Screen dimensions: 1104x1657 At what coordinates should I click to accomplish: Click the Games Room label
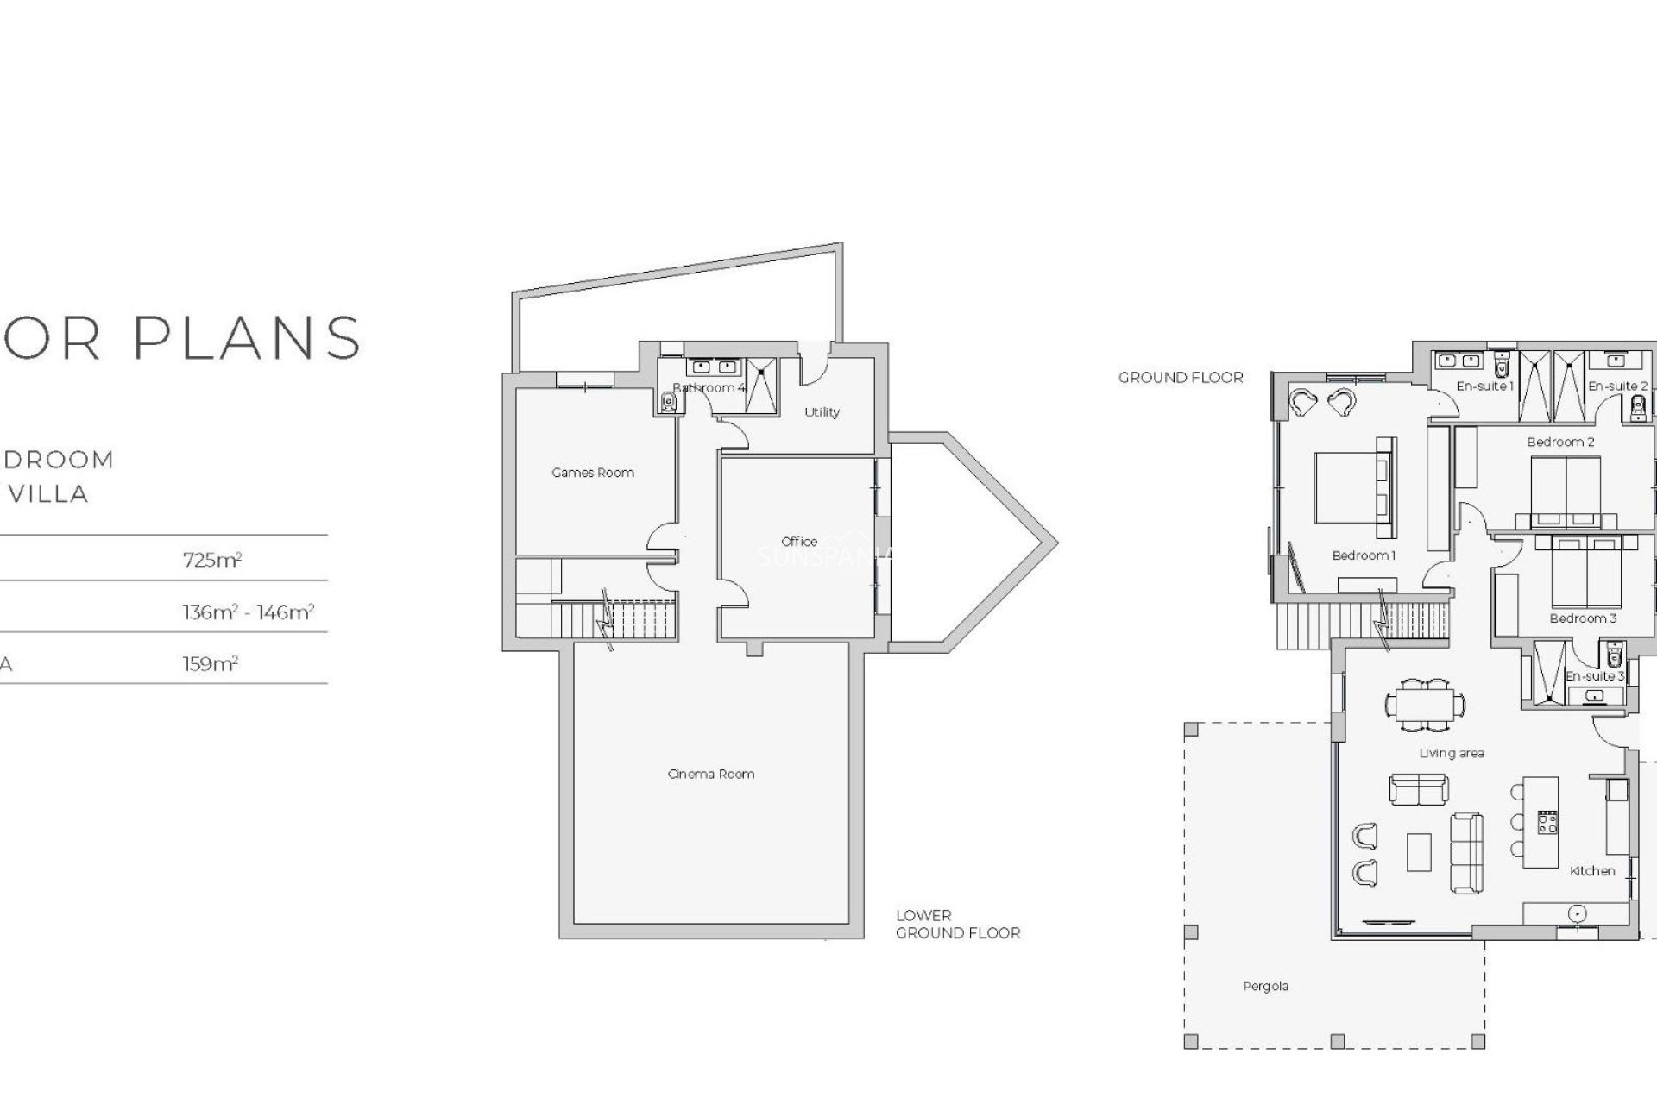[x=593, y=473]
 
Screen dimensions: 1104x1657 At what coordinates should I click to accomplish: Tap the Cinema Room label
[x=711, y=774]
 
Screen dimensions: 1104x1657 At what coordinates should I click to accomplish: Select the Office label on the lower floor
[x=799, y=542]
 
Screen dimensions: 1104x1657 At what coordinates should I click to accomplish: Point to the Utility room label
[x=822, y=412]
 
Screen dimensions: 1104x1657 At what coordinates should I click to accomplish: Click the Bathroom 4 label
[x=709, y=388]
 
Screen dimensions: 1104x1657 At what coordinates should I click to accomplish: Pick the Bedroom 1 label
[x=1364, y=555]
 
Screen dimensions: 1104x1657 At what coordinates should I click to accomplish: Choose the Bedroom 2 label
[x=1560, y=442]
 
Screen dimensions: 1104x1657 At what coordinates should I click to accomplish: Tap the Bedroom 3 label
[x=1583, y=618]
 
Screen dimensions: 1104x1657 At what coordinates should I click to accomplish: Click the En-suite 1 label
[x=1484, y=386]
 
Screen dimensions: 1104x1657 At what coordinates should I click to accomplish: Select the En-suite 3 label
[x=1595, y=676]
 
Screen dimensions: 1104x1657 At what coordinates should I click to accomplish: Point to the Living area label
[x=1452, y=753]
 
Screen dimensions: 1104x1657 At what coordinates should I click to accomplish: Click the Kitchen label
[x=1592, y=871]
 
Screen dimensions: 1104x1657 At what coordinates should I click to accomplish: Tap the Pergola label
[x=1265, y=986]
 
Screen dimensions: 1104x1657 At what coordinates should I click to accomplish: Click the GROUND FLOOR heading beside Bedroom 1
[x=1181, y=378]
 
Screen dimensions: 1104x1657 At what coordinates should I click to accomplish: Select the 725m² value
[x=212, y=560]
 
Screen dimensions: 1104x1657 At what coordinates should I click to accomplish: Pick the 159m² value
[x=211, y=664]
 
